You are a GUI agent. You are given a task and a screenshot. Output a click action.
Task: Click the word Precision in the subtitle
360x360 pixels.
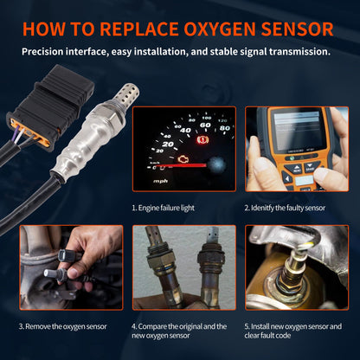(x=48, y=51)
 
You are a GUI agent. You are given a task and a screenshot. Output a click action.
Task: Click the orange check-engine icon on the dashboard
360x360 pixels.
(x=180, y=160)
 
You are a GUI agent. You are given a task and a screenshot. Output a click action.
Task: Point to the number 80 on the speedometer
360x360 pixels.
(x=224, y=129)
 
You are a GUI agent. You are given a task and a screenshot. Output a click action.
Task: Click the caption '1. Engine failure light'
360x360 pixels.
(x=168, y=209)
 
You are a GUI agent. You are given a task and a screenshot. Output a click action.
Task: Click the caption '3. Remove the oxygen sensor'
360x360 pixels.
(x=63, y=326)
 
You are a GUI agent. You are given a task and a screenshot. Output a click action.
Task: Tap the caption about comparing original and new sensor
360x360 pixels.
(x=178, y=331)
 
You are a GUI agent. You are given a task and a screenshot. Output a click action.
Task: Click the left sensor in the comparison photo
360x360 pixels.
(x=161, y=268)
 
